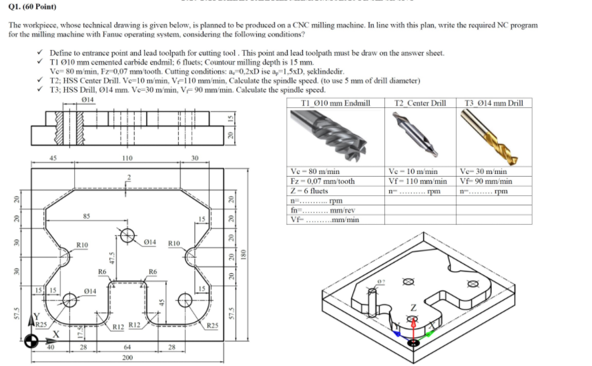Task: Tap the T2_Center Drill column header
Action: pyautogui.click(x=420, y=103)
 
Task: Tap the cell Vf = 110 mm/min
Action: pyautogui.click(x=418, y=181)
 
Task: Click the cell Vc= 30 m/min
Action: pyautogui.click(x=484, y=172)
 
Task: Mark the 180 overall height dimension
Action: pyautogui.click(x=244, y=253)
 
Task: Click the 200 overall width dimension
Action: pyautogui.click(x=127, y=357)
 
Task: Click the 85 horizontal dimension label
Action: pyautogui.click(x=86, y=215)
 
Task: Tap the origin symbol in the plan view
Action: pyautogui.click(x=30, y=341)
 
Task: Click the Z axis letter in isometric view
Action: pyautogui.click(x=413, y=308)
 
